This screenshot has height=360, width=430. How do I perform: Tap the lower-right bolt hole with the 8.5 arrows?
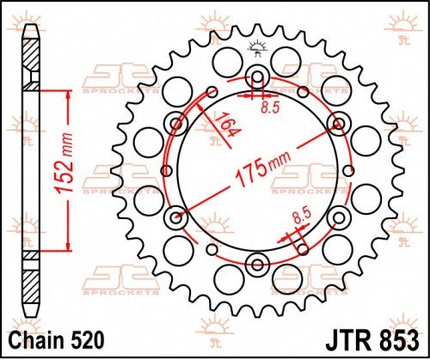click(339, 215)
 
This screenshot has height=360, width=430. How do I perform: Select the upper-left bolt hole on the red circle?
click(177, 122)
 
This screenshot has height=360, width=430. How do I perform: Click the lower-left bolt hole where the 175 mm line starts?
click(177, 215)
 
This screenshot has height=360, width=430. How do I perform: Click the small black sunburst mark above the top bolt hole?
click(258, 48)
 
